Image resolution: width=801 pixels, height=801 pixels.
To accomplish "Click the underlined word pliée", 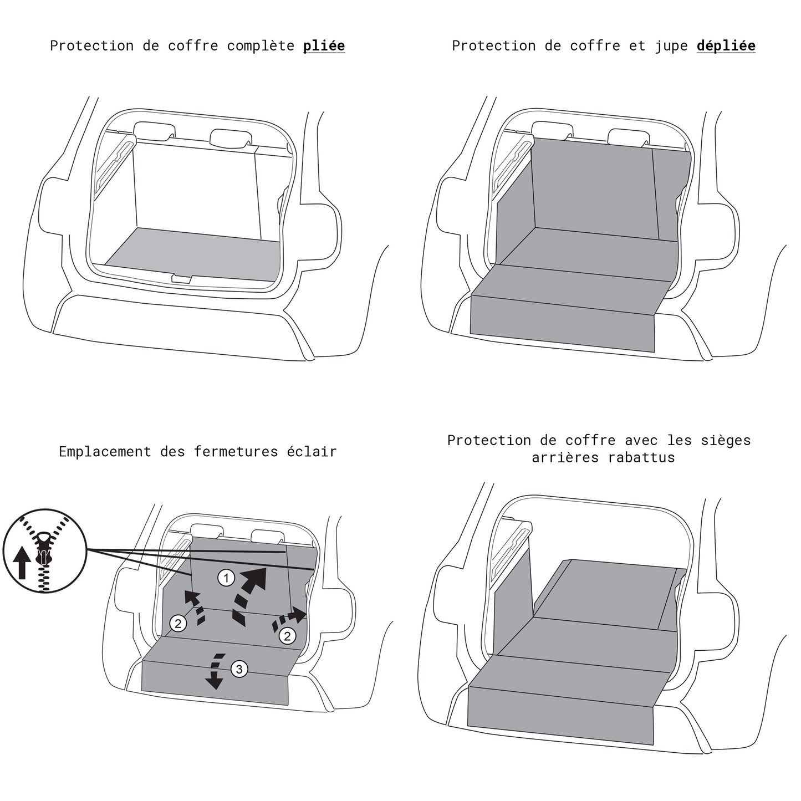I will pyautogui.click(x=324, y=46).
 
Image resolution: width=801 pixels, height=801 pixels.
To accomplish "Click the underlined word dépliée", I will pyautogui.click(x=726, y=46).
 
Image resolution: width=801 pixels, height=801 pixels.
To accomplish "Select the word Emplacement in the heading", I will pyautogui.click(x=105, y=452).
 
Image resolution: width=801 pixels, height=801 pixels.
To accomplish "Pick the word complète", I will pyautogui.click(x=261, y=46).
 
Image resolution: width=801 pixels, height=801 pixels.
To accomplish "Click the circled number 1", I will pyautogui.click(x=226, y=578).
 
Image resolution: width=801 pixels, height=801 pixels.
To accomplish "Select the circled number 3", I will pyautogui.click(x=239, y=669).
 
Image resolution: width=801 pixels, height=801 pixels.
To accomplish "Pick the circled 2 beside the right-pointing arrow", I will pyautogui.click(x=287, y=635).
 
